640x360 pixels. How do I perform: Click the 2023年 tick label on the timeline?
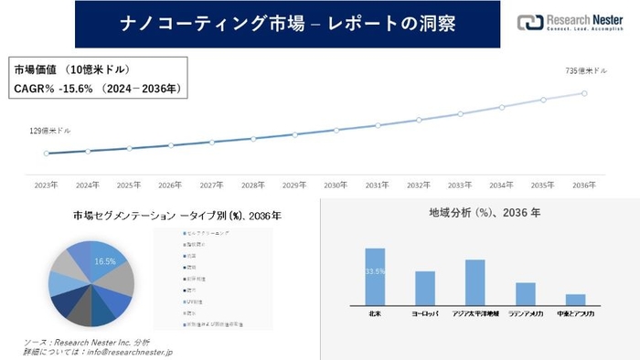tap(46, 184)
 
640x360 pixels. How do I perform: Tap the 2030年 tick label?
tap(336, 184)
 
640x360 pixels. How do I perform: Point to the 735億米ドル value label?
tap(586, 70)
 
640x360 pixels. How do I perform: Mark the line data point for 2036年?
tap(586, 91)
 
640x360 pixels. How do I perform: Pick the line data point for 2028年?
tap(253, 138)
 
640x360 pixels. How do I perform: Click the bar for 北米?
tap(375, 276)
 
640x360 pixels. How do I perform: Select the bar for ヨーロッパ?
tap(425, 288)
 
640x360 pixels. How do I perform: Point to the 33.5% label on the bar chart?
tap(375, 271)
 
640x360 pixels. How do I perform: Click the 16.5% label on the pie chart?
tap(106, 261)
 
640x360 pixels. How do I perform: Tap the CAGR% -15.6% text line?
tap(98, 88)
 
